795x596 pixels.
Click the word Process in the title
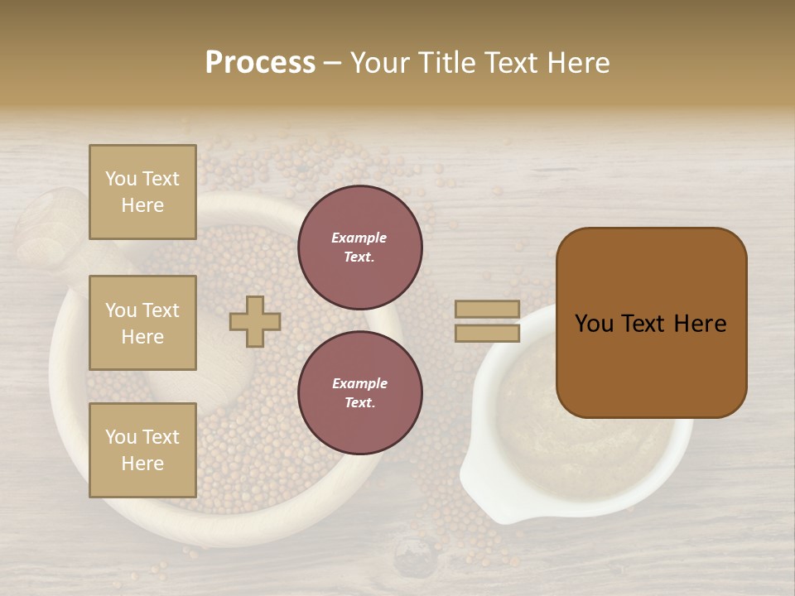(x=260, y=63)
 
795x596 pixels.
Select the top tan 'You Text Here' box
(x=142, y=192)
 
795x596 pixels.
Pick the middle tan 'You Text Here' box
(x=142, y=323)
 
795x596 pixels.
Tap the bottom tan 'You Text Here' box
(x=142, y=450)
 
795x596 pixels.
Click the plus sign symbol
(x=255, y=321)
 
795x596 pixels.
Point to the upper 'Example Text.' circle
(x=360, y=248)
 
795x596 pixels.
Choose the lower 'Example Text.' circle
(x=360, y=393)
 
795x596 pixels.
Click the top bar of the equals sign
(x=488, y=309)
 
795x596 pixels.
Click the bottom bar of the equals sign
(x=488, y=334)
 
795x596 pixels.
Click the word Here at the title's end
(x=579, y=63)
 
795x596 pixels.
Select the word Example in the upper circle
(x=359, y=238)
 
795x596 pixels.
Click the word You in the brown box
(x=595, y=324)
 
